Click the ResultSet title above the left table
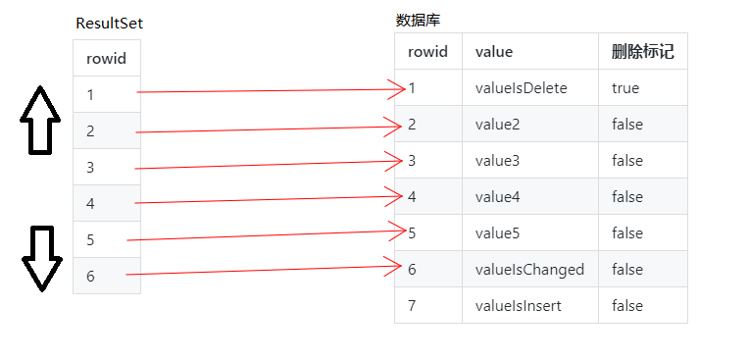tap(116, 24)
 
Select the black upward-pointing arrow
tap(40, 120)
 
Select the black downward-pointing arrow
tap(40, 257)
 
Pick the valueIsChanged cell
tap(528, 270)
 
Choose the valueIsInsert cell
tap(518, 306)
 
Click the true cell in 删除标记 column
tap(625, 88)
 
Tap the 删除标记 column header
tap(642, 52)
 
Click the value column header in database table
tap(493, 52)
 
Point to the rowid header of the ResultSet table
tap(106, 59)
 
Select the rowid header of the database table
tap(427, 52)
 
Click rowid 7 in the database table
tap(413, 306)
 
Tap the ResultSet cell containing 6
tap(91, 276)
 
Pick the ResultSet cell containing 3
tap(91, 167)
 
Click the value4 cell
tap(497, 197)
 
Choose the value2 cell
tap(497, 125)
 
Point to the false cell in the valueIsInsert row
tap(627, 306)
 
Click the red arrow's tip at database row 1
tap(404, 89)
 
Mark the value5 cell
tap(497, 233)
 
